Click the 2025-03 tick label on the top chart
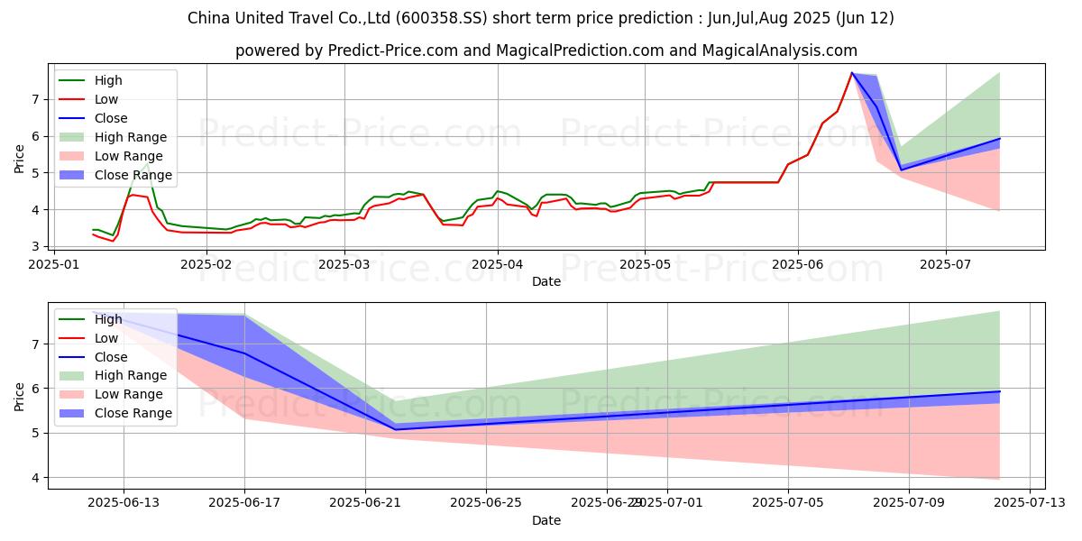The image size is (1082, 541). click(x=344, y=263)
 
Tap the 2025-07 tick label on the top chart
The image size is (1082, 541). click(x=946, y=263)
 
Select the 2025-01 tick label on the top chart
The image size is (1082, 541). click(x=54, y=263)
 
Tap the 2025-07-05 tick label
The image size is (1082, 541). click(x=788, y=502)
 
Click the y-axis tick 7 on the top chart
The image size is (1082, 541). click(x=37, y=99)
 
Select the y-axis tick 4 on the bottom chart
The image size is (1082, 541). click(x=37, y=477)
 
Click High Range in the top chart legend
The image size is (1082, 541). click(x=130, y=137)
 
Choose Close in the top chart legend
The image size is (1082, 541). click(x=111, y=118)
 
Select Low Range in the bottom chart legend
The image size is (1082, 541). click(x=128, y=394)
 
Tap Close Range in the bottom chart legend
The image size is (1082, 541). click(x=133, y=413)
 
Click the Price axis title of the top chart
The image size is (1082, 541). click(x=19, y=159)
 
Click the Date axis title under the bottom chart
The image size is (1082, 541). click(x=546, y=520)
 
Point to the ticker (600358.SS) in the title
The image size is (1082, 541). click(x=467, y=18)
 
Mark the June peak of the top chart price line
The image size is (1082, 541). click(x=852, y=73)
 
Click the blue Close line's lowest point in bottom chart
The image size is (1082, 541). click(x=396, y=429)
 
